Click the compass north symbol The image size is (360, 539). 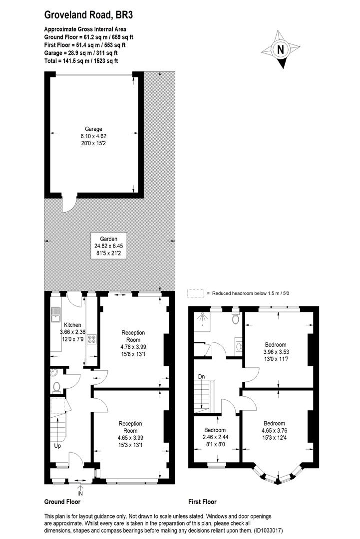click(x=280, y=50)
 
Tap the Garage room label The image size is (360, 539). click(x=93, y=129)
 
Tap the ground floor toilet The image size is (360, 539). click(x=56, y=386)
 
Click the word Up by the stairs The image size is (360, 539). click(x=57, y=446)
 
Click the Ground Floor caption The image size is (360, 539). click(x=62, y=502)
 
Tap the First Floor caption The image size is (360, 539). click(x=202, y=502)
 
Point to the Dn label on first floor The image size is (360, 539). click(x=202, y=377)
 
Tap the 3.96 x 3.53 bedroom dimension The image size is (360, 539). click(x=276, y=352)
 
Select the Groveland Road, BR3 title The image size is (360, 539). click(x=88, y=16)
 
